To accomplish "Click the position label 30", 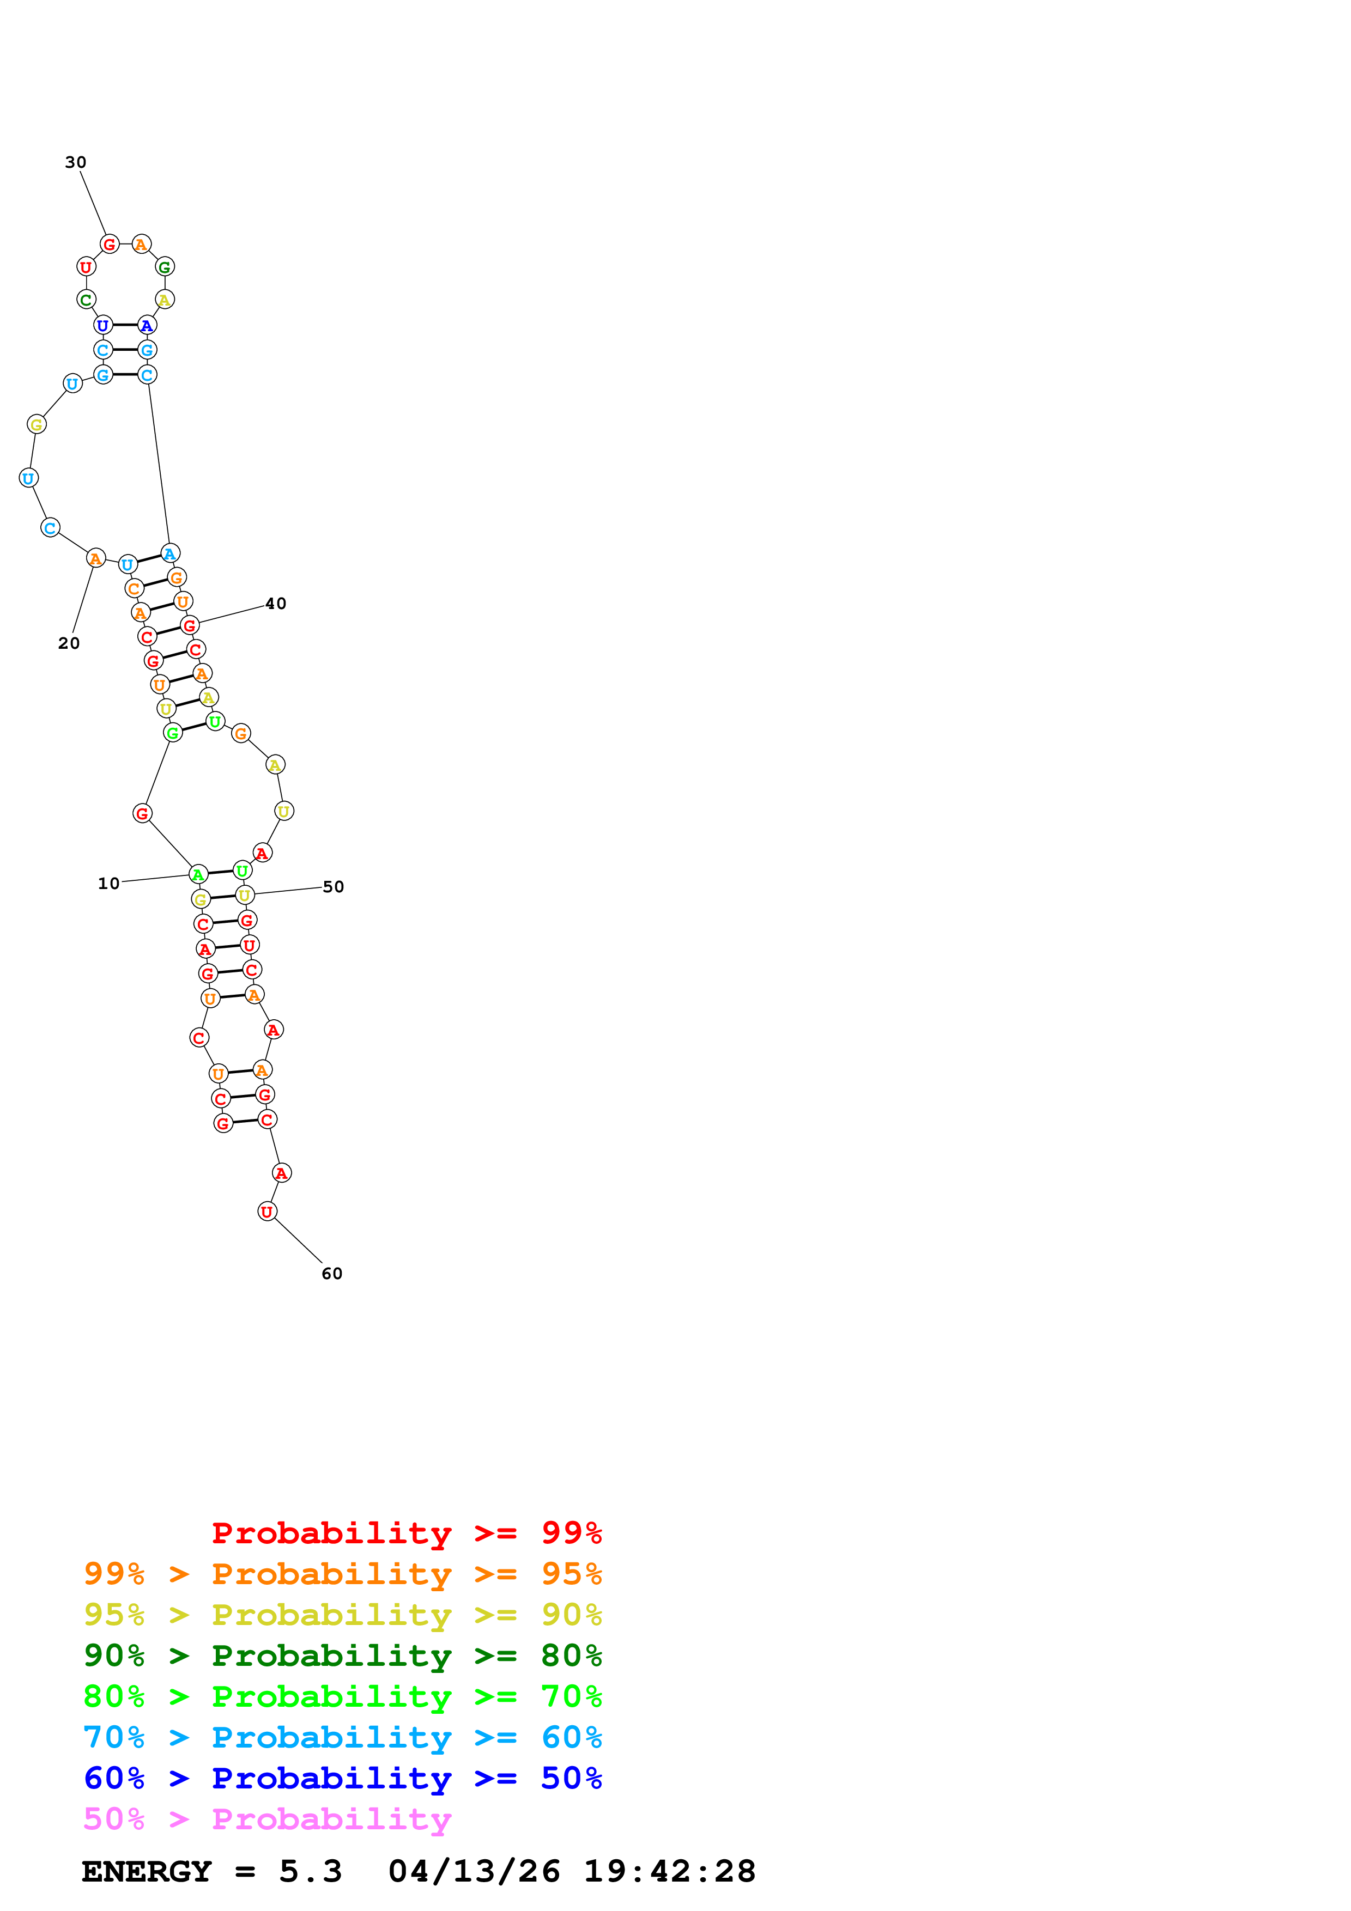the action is point(76,162).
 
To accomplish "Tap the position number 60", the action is point(331,1274).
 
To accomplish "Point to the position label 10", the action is point(109,883).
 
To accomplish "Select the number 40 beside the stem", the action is point(276,604).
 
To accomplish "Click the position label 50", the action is point(333,886).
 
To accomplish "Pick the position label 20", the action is point(69,643).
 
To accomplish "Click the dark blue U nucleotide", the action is point(102,325).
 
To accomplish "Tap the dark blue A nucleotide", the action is point(147,325).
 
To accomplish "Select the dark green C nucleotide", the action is point(86,300).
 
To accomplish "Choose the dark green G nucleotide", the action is point(165,267).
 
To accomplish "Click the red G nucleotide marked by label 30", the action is point(109,245).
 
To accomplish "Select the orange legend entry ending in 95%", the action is point(342,1574).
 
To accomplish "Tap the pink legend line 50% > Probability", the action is point(266,1818).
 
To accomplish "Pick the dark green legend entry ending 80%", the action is point(342,1656).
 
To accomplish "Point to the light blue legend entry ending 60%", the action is point(342,1737).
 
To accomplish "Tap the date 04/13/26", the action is point(474,1872).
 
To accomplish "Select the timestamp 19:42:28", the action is point(669,1872).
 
